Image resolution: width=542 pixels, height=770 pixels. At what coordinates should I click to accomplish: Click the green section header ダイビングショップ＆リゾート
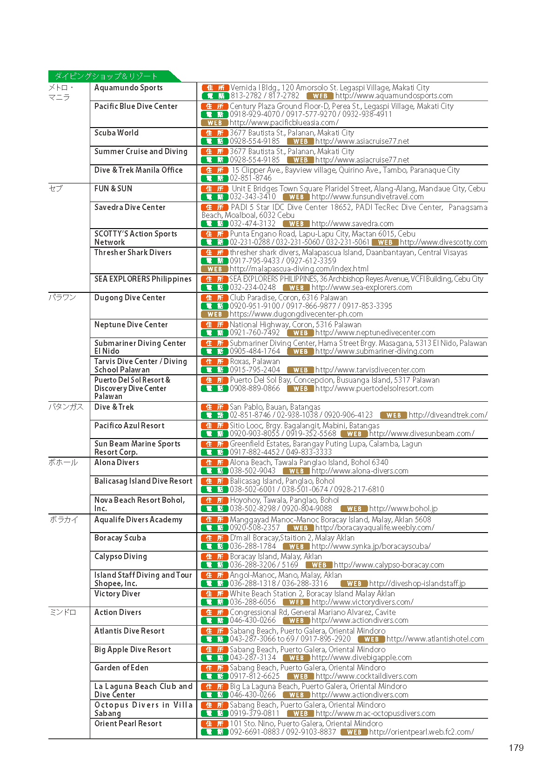tap(107, 76)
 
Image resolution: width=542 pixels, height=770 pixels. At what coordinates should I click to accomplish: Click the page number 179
tap(516, 748)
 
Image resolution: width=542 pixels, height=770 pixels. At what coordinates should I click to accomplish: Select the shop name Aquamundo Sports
tap(128, 88)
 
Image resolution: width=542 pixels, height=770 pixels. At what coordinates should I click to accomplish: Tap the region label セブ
tap(56, 189)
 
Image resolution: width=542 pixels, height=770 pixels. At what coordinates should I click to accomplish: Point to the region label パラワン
tap(62, 297)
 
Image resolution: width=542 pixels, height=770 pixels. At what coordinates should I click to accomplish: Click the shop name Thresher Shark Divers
tap(133, 252)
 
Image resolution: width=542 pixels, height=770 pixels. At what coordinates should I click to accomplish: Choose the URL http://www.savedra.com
tap(352, 223)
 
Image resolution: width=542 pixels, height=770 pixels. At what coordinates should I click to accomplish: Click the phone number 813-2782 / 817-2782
tap(265, 96)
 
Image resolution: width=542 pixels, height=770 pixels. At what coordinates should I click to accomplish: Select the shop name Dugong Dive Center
tap(130, 297)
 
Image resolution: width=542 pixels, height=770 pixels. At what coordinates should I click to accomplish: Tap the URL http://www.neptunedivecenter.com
tap(375, 333)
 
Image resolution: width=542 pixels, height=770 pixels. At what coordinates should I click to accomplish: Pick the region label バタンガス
tap(66, 407)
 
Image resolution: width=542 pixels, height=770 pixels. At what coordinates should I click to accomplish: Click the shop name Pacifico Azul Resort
tap(129, 426)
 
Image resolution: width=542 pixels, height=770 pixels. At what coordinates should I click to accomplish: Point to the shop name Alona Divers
tap(116, 462)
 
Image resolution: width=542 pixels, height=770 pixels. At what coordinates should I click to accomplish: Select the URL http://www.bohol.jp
tap(403, 508)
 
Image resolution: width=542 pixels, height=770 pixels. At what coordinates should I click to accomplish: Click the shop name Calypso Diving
tap(120, 556)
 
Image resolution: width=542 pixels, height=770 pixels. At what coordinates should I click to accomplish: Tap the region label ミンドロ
tap(62, 612)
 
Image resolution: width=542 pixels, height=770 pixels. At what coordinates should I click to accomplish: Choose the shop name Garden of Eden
tap(121, 668)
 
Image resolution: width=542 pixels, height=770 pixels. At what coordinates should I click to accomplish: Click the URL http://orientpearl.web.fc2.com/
tap(422, 732)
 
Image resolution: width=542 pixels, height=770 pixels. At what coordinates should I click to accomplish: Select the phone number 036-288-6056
tap(253, 602)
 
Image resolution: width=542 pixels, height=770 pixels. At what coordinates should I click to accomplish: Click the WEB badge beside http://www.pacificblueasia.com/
tap(214, 123)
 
